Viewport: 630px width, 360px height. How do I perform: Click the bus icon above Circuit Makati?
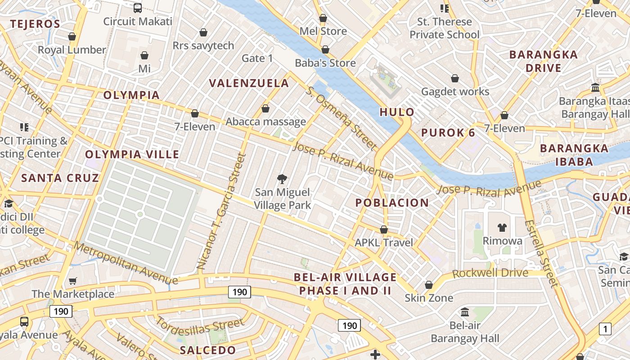[138, 8]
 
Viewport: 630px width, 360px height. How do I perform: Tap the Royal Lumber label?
[72, 50]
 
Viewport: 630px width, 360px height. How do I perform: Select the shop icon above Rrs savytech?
[203, 32]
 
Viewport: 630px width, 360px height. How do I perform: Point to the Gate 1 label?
[257, 58]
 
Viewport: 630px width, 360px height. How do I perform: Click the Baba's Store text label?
[325, 63]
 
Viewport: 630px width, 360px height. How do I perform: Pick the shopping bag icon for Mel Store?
[323, 18]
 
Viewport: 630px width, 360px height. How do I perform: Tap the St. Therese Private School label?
[444, 28]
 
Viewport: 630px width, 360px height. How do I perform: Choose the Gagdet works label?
[455, 92]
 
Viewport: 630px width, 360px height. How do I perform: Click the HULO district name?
[396, 112]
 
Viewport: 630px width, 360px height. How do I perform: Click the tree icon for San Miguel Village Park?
[282, 179]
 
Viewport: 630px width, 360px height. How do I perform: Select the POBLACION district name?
[392, 203]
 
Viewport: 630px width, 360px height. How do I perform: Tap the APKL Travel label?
[384, 243]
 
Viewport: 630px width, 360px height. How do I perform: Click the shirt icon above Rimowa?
[502, 228]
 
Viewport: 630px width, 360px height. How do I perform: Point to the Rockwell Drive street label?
[490, 273]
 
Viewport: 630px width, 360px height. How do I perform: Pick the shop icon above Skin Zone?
[429, 285]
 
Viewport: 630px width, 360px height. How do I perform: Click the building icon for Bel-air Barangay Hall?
[465, 312]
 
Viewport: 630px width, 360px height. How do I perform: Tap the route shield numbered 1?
[605, 329]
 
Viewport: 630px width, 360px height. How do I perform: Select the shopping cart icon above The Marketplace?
[73, 281]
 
